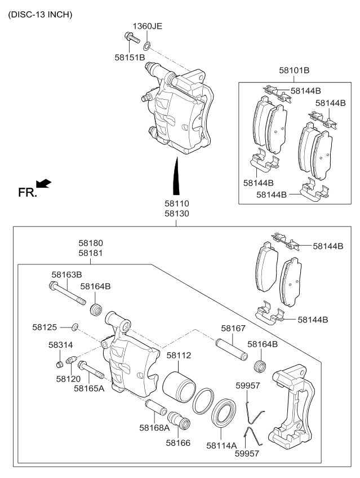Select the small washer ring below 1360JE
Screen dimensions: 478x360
click(x=146, y=45)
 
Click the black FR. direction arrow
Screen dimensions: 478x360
click(x=43, y=183)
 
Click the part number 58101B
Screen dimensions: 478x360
click(x=294, y=70)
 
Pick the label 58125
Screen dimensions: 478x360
click(x=45, y=326)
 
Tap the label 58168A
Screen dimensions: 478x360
click(x=154, y=427)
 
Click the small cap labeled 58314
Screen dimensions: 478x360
click(x=60, y=362)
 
